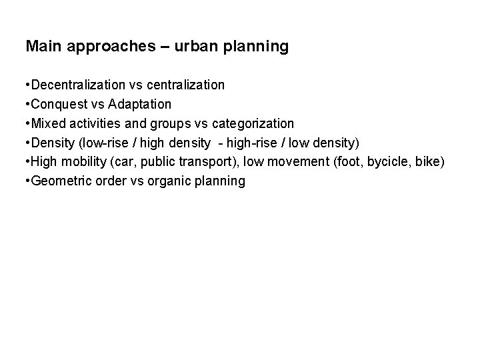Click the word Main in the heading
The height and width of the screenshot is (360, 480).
pos(42,47)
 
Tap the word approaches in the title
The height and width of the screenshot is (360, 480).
pos(101,47)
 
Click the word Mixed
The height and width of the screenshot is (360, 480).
pos(48,124)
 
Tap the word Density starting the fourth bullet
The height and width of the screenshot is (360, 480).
pos(51,143)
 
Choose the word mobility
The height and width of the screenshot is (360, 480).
pos(82,162)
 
